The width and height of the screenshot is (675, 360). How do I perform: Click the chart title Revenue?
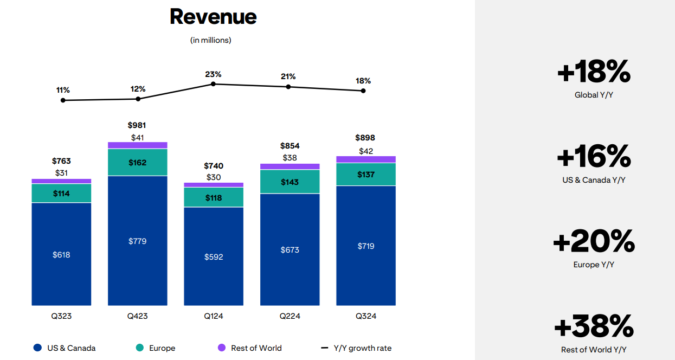pyautogui.click(x=213, y=17)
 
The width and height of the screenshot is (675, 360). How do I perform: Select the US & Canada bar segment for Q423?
pyautogui.click(x=138, y=240)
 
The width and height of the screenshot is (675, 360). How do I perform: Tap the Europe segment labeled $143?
pyautogui.click(x=290, y=182)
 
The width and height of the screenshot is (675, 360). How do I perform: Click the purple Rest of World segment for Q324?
pyautogui.click(x=366, y=159)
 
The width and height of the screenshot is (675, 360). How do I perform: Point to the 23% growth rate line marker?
pyautogui.click(x=214, y=84)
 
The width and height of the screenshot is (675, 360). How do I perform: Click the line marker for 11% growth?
pyautogui.click(x=63, y=100)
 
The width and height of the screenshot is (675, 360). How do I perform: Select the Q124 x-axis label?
pyautogui.click(x=214, y=316)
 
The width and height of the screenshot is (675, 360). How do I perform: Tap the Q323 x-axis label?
pyautogui.click(x=61, y=316)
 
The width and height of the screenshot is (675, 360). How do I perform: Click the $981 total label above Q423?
pyautogui.click(x=137, y=125)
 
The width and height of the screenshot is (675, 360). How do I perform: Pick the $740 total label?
pyautogui.click(x=214, y=166)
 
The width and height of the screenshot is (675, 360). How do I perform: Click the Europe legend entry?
pyautogui.click(x=156, y=348)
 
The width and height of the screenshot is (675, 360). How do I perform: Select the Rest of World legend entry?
pyautogui.click(x=250, y=348)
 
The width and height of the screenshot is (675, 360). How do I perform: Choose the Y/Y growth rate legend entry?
pyautogui.click(x=356, y=348)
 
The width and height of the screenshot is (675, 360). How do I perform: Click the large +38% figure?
pyautogui.click(x=594, y=326)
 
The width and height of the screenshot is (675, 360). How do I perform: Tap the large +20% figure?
pyautogui.click(x=594, y=241)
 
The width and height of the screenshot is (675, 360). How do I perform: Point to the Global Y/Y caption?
pyautogui.click(x=594, y=95)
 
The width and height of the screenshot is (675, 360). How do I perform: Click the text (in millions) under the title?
pyautogui.click(x=211, y=40)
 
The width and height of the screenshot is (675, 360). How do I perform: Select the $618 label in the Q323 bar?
pyautogui.click(x=61, y=254)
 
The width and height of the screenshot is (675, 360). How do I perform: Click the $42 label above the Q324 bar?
pyautogui.click(x=366, y=151)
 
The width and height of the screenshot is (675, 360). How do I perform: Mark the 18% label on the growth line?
pyautogui.click(x=363, y=81)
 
